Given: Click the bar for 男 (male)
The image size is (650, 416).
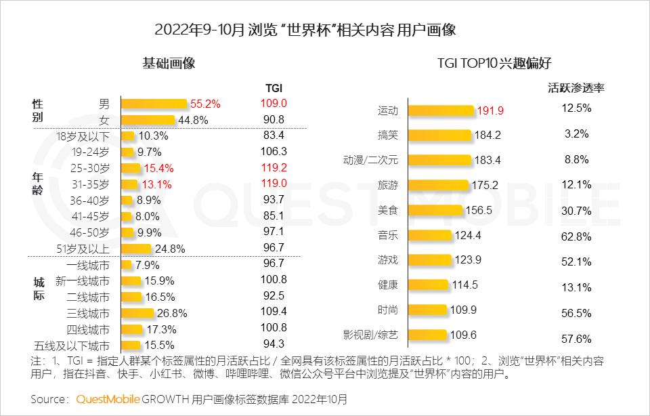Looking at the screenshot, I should (x=154, y=104).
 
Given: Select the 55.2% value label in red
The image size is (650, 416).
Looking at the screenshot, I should (x=205, y=104).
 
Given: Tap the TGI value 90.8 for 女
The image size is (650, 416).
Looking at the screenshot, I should (x=274, y=119).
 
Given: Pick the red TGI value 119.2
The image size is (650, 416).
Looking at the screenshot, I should (x=274, y=167).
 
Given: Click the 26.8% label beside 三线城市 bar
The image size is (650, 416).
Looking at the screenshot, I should (x=172, y=313).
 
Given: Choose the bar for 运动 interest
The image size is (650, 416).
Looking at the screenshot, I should (x=440, y=110).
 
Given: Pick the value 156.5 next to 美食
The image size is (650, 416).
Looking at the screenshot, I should (x=479, y=210).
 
